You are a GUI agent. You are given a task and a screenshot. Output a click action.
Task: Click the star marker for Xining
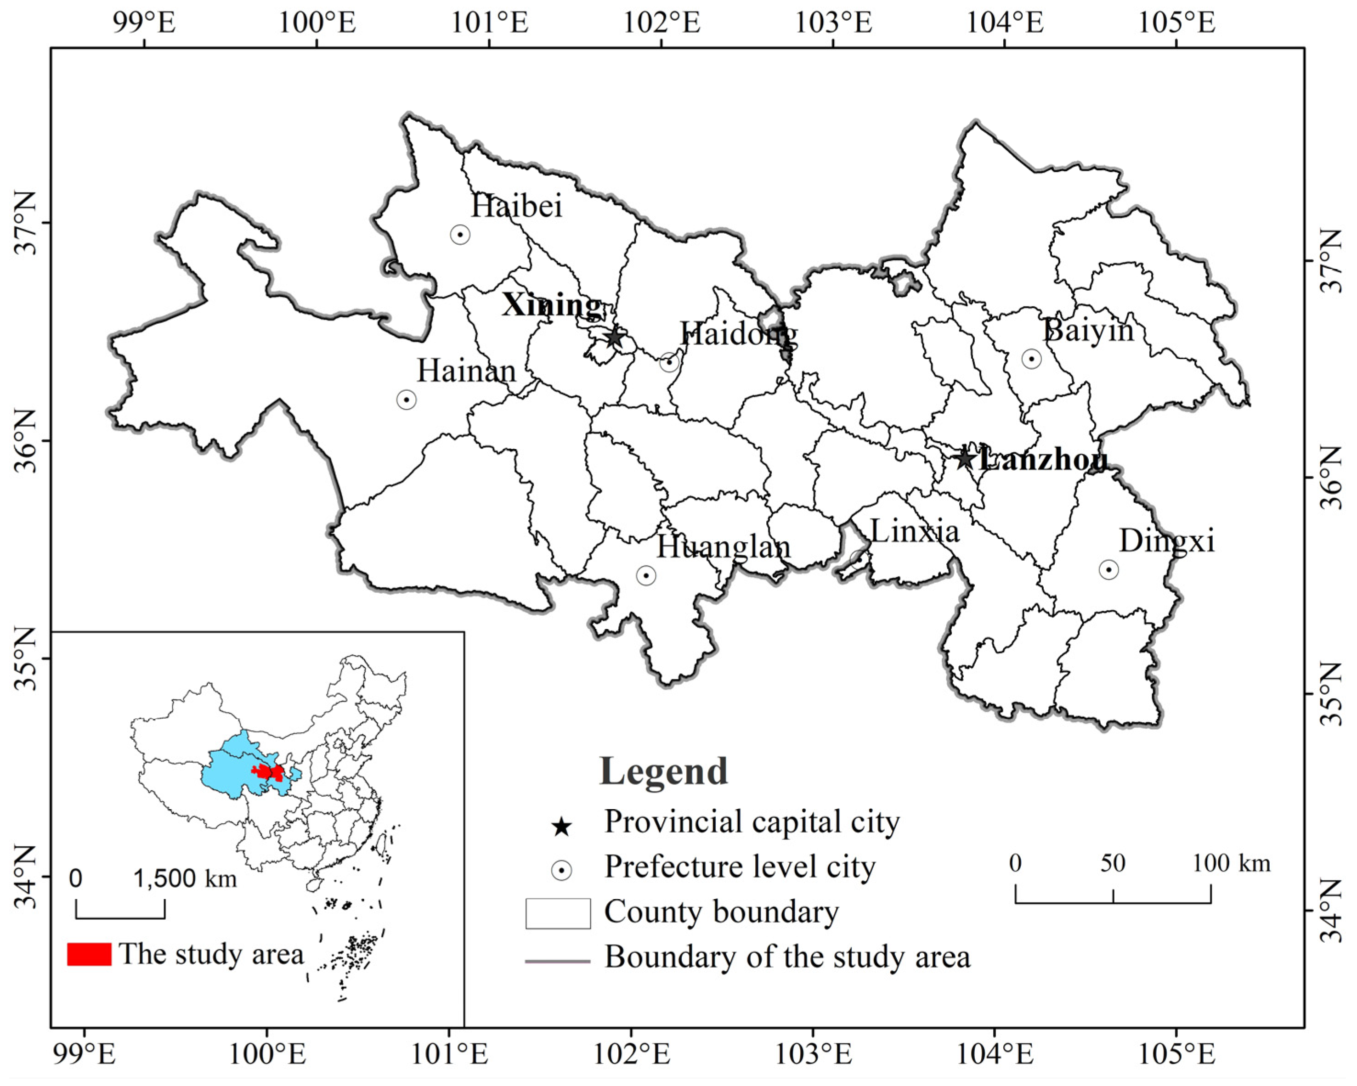pyautogui.click(x=614, y=338)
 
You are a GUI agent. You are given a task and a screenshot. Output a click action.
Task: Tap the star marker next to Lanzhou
pyautogui.click(x=964, y=458)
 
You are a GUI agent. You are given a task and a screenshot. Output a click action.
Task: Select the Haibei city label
pyautogui.click(x=516, y=206)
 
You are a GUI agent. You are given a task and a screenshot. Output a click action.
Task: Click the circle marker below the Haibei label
pyautogui.click(x=460, y=235)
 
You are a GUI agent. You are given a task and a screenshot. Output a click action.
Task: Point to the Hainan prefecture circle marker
pyautogui.click(x=407, y=400)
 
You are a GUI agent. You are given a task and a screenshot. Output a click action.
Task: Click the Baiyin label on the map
pyautogui.click(x=1088, y=330)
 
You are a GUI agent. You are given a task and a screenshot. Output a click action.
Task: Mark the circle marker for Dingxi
pyautogui.click(x=1108, y=569)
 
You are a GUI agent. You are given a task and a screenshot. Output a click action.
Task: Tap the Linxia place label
pyautogui.click(x=915, y=532)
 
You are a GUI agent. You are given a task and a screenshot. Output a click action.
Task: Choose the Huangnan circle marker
pyautogui.click(x=646, y=575)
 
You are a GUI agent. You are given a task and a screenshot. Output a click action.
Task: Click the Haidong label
pyautogui.click(x=738, y=333)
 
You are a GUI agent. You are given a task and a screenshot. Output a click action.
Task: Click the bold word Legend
pyautogui.click(x=663, y=771)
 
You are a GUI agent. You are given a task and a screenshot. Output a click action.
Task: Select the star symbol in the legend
pyautogui.click(x=561, y=827)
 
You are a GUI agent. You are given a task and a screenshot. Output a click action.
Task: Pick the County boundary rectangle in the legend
pyautogui.click(x=558, y=913)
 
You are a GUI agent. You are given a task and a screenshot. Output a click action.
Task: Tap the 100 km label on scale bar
pyautogui.click(x=1231, y=863)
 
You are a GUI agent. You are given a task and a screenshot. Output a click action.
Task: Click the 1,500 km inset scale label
pyautogui.click(x=184, y=878)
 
